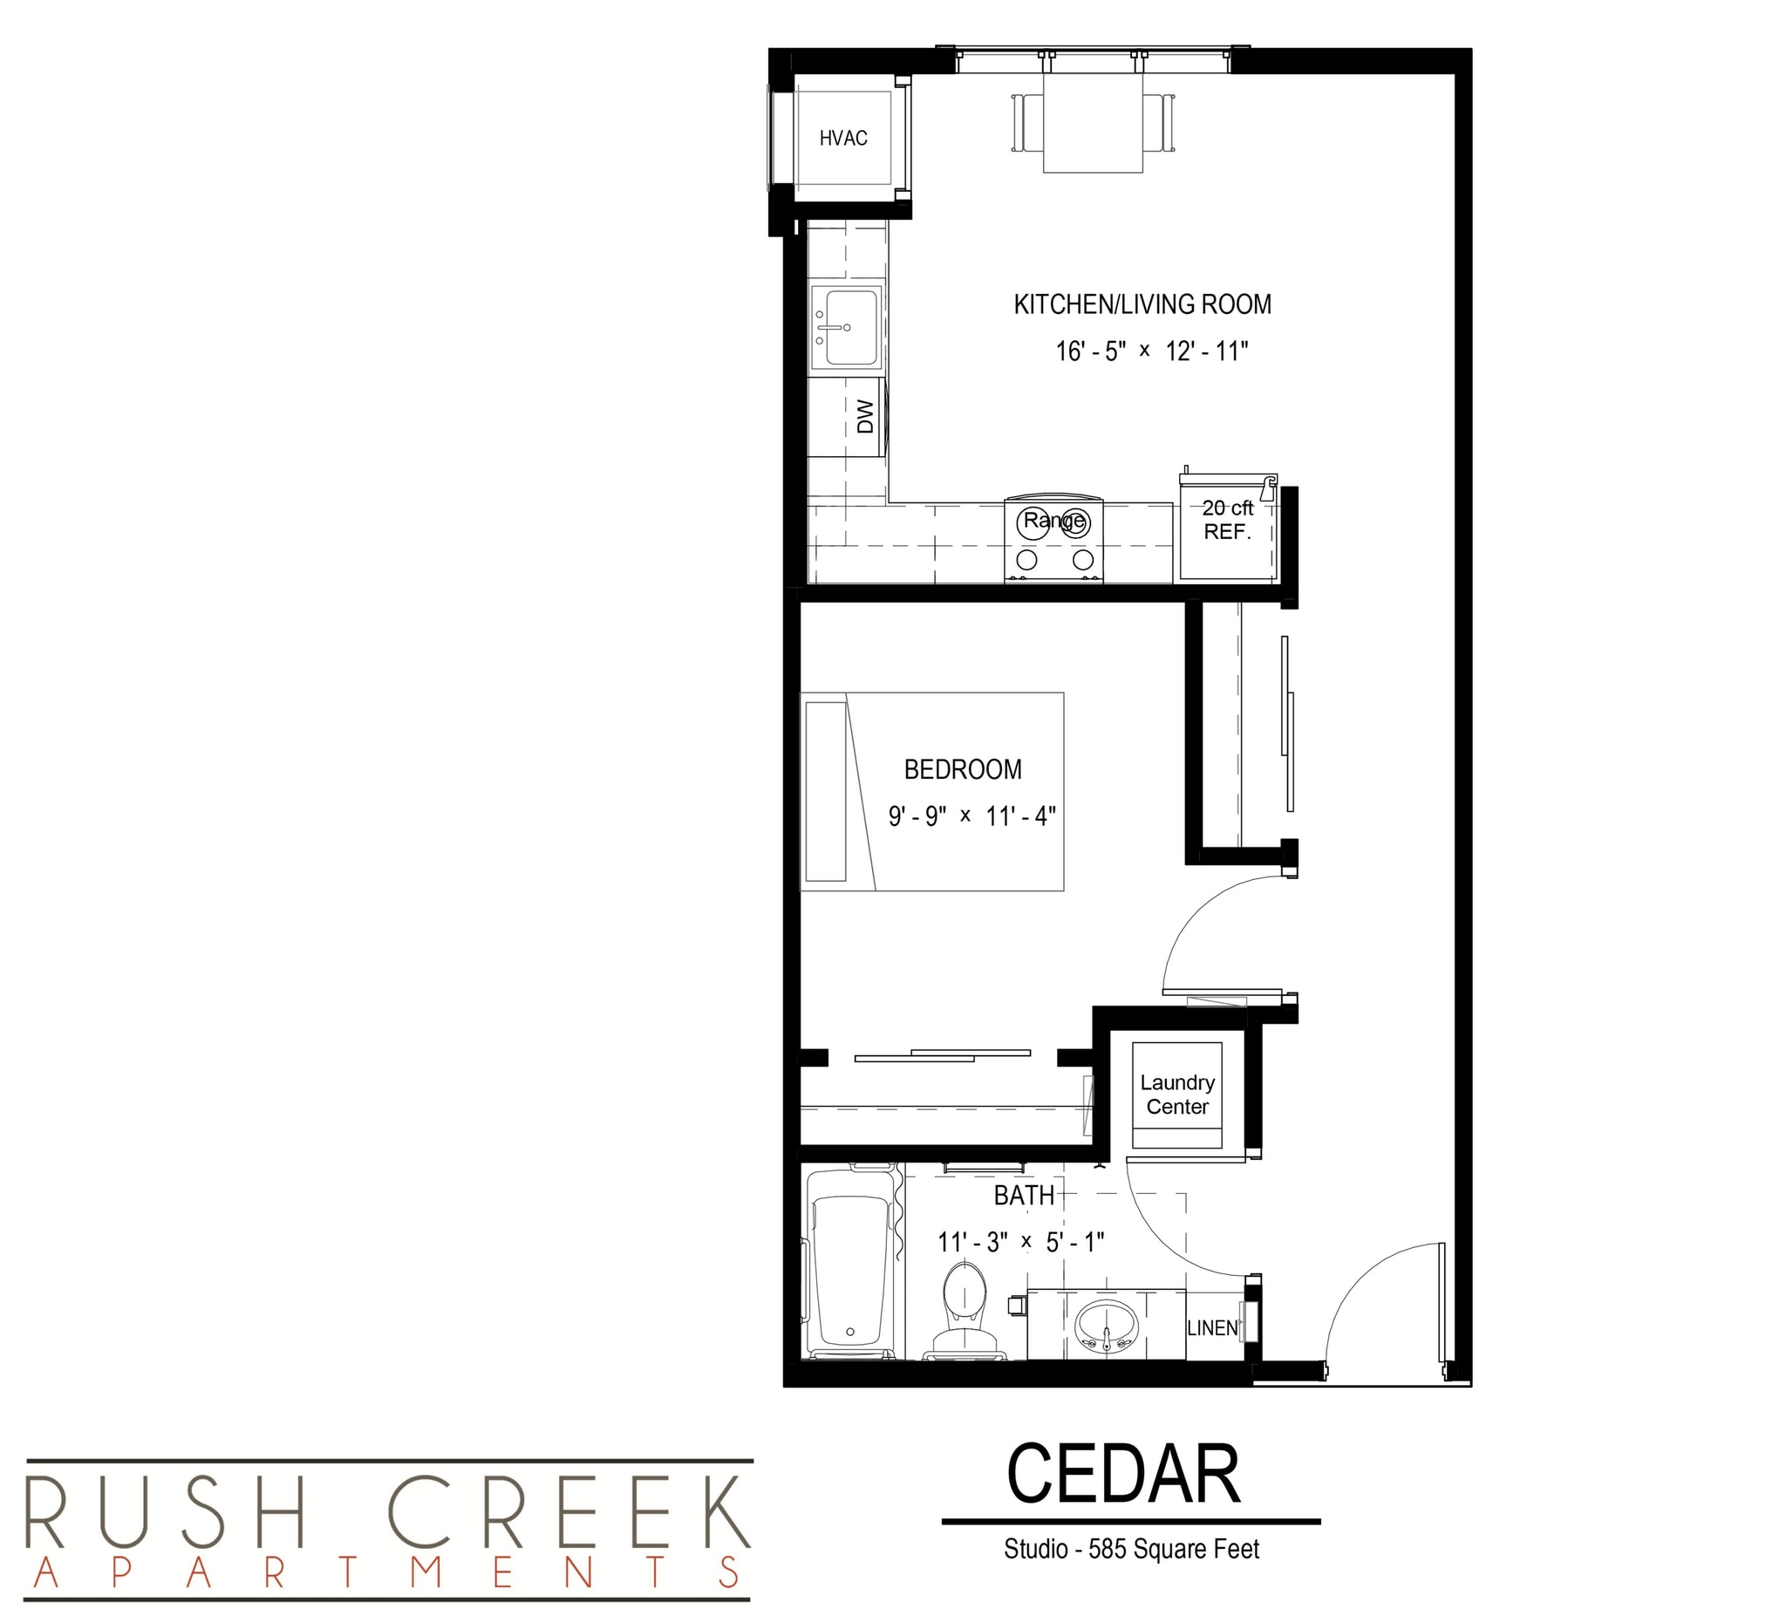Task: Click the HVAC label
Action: point(842,138)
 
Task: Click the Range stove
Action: point(1053,539)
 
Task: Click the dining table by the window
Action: point(1093,122)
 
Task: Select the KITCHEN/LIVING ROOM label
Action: point(1142,304)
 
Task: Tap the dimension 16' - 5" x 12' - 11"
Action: point(1151,351)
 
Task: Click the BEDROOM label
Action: point(962,769)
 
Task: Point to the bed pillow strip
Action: point(826,791)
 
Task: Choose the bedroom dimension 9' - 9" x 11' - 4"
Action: point(971,816)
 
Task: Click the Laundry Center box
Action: point(1176,1095)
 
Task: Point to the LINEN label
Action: point(1212,1328)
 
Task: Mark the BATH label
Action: point(1024,1196)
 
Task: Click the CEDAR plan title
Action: point(1122,1474)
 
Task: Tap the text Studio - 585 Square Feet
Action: point(1130,1549)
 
